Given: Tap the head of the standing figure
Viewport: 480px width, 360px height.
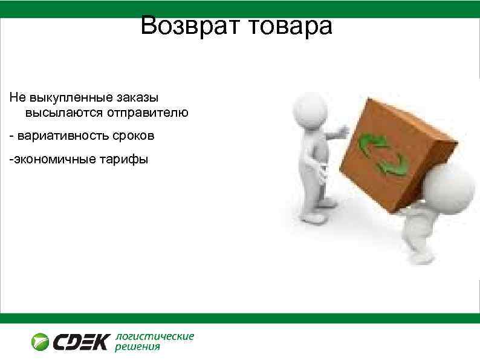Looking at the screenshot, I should click(306, 109).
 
